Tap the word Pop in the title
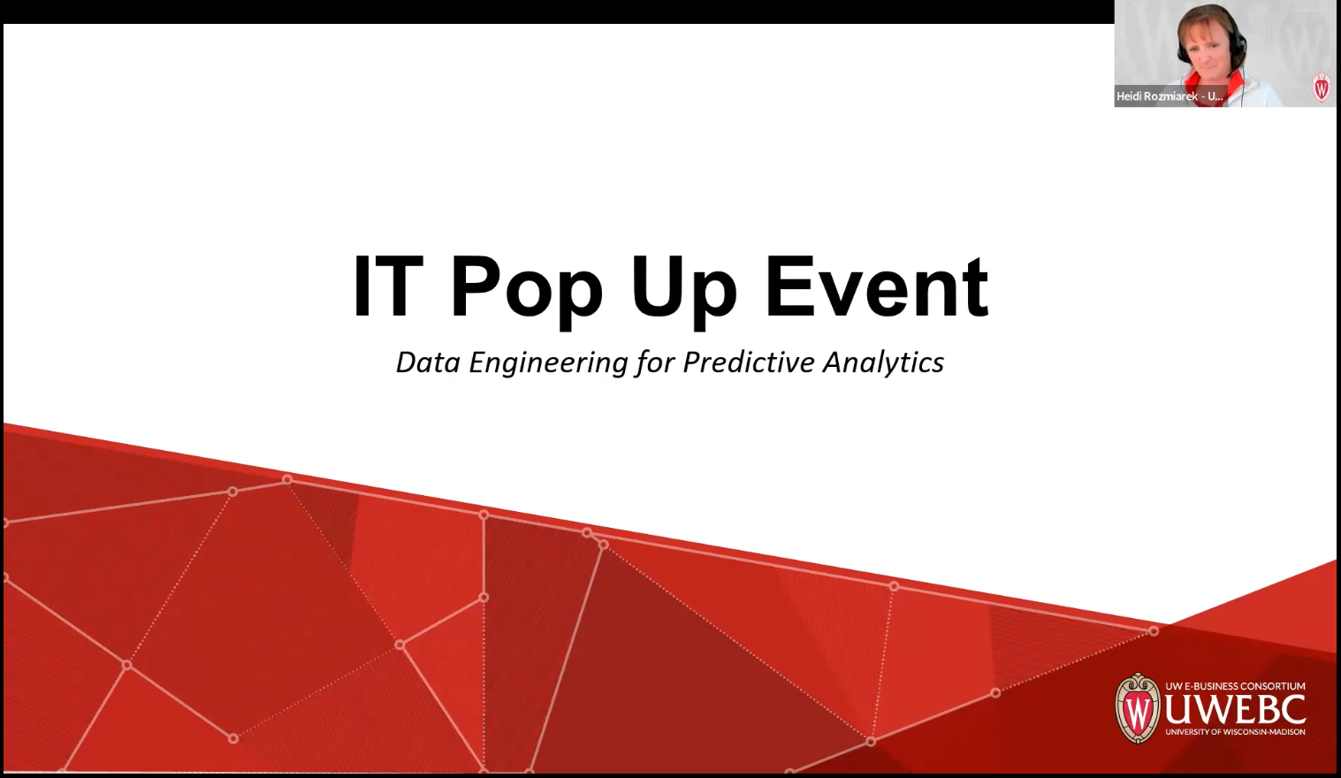click(526, 288)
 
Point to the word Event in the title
click(876, 286)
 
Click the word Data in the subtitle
click(428, 362)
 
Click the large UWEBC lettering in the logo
click(1234, 710)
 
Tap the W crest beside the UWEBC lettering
click(1138, 708)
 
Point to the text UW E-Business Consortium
click(1235, 686)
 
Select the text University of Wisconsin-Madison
click(1235, 732)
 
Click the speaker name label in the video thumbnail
click(1170, 96)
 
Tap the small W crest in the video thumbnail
click(1322, 88)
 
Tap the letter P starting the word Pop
click(473, 286)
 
